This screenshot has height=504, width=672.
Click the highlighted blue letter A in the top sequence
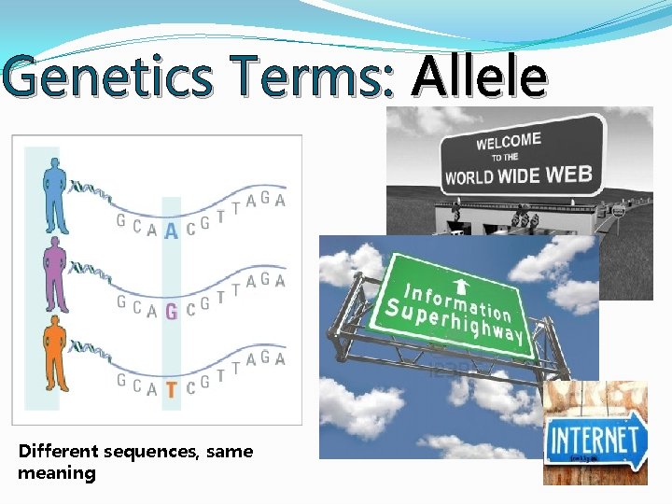(171, 229)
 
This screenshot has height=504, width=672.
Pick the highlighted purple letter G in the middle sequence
(171, 311)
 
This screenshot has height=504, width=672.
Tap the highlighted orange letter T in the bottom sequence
(171, 390)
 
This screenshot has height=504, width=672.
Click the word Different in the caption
(59, 452)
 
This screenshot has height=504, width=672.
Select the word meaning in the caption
(56, 473)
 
